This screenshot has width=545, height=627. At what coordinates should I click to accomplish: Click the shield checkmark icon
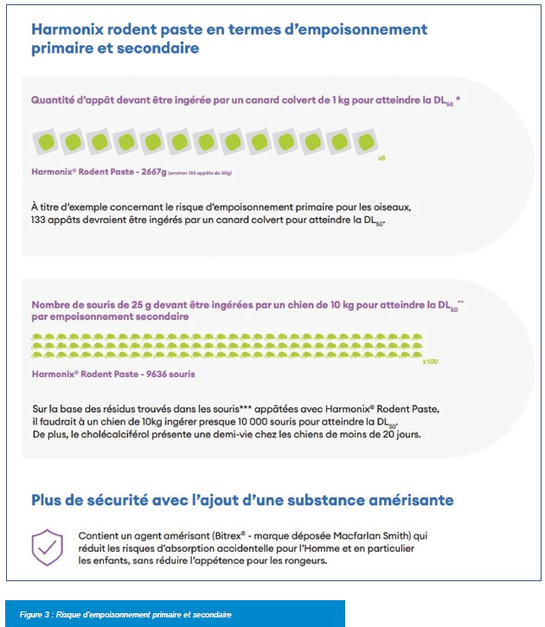pos(47,547)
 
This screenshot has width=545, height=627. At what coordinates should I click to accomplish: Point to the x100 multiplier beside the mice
pos(430,361)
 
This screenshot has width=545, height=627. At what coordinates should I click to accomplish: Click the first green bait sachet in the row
pos(48,141)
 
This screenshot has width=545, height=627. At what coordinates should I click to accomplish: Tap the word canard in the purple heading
pos(264,100)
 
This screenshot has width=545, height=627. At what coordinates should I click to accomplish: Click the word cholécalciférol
pos(116,434)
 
